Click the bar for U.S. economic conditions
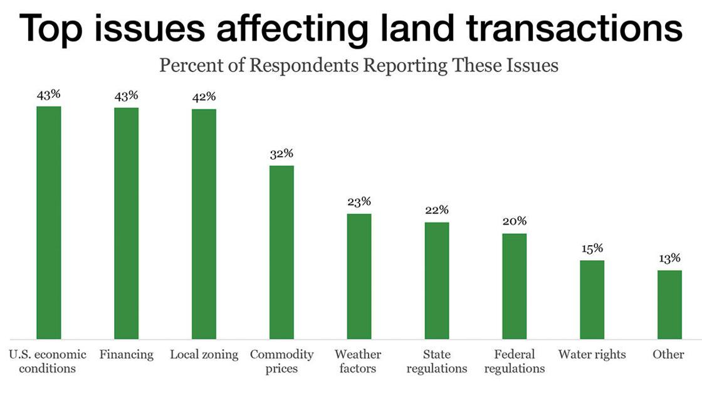coord(49,223)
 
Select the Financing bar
coord(126,223)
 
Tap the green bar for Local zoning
coord(204,224)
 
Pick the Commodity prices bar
coord(281,252)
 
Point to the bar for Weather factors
coord(359,276)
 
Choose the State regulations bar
coord(437,280)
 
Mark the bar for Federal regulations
coord(514,286)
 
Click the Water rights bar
coord(592,300)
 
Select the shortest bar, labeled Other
coord(669,305)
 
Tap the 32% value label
coord(281,154)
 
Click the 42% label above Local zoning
coord(204,97)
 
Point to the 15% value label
coord(592,248)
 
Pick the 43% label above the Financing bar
coord(126,96)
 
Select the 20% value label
coord(514,221)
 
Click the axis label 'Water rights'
coord(592,355)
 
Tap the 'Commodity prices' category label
coord(281,361)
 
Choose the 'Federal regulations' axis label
coord(514,361)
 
